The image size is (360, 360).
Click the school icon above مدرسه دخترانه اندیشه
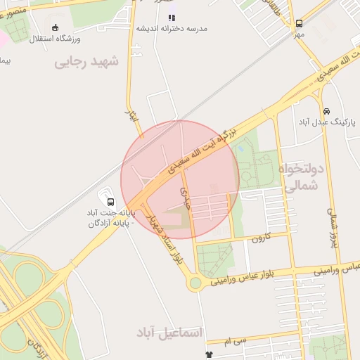172,17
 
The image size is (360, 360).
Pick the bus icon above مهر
300,23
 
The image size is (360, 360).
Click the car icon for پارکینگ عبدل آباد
326,111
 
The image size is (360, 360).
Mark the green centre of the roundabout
195,283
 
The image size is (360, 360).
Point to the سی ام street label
238,341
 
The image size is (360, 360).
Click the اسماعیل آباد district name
169,331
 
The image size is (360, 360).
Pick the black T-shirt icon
208,355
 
